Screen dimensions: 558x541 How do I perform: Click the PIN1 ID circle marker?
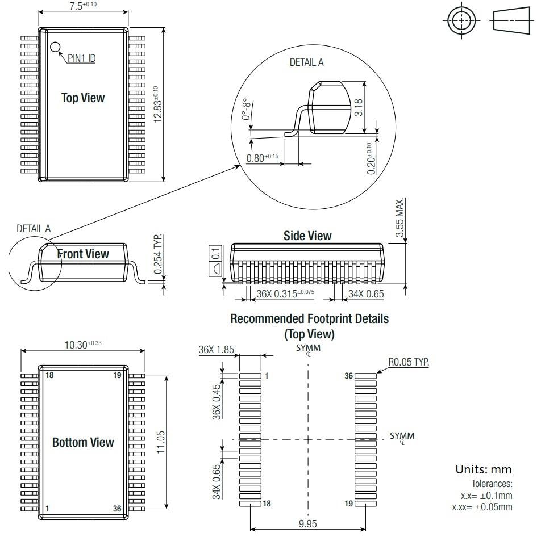55,47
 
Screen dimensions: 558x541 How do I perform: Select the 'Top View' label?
83,98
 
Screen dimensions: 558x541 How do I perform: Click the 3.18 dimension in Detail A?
359,107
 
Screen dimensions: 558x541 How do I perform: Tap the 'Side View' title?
307,236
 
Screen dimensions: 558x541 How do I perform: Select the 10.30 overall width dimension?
83,344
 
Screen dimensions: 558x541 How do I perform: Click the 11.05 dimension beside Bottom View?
160,442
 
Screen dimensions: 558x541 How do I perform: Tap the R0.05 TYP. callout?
408,362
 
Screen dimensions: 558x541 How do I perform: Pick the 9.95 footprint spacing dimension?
307,523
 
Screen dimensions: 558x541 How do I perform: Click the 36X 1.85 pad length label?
216,350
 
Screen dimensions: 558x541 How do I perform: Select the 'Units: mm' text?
483,470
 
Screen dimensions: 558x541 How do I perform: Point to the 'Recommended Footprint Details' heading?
309,319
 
